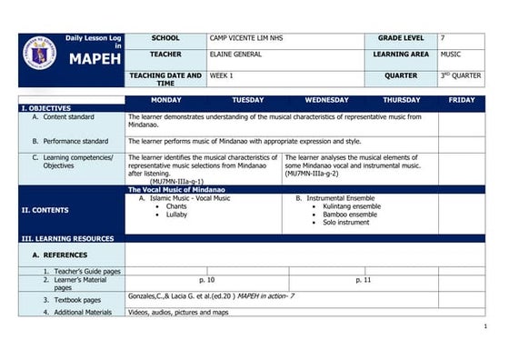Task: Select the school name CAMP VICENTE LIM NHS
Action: click(245, 38)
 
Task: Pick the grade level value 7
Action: click(443, 38)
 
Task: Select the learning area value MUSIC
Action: click(451, 55)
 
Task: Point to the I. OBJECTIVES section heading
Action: click(46, 107)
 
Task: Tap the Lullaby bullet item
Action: click(176, 214)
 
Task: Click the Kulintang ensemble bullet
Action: click(351, 206)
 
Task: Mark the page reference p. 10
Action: click(206, 280)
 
